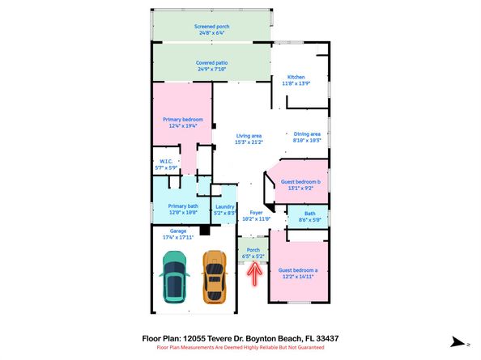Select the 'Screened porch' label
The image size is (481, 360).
[x=211, y=26]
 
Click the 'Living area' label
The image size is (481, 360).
[x=249, y=135]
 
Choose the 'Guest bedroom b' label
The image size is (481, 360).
[x=300, y=183]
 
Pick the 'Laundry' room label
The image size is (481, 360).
[x=224, y=206]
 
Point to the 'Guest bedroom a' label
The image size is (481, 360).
[x=298, y=270]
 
